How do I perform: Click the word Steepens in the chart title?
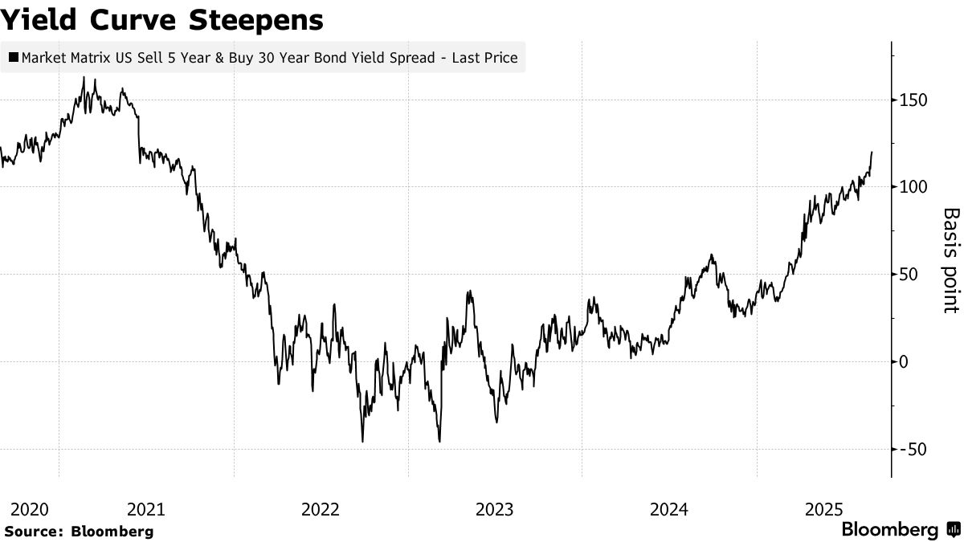pyautogui.click(x=256, y=20)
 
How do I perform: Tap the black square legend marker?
pyautogui.click(x=14, y=58)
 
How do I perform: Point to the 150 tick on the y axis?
pyautogui.click(x=913, y=100)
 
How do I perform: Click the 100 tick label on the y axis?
pyautogui.click(x=913, y=187)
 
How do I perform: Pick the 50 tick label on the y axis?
pyautogui.click(x=909, y=275)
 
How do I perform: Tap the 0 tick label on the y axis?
pyautogui.click(x=904, y=362)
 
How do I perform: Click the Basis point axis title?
pyautogui.click(x=951, y=260)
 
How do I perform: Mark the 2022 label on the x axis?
pyautogui.click(x=320, y=509)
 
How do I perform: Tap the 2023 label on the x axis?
pyautogui.click(x=495, y=509)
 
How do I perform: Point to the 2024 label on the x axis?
pyautogui.click(x=669, y=509)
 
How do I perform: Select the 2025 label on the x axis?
pyautogui.click(x=823, y=509)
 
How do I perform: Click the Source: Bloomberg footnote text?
pyautogui.click(x=78, y=531)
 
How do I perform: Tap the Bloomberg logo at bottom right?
pyautogui.click(x=900, y=530)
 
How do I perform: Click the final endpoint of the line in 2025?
pyautogui.click(x=872, y=152)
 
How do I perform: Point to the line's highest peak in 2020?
pyautogui.click(x=84, y=78)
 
